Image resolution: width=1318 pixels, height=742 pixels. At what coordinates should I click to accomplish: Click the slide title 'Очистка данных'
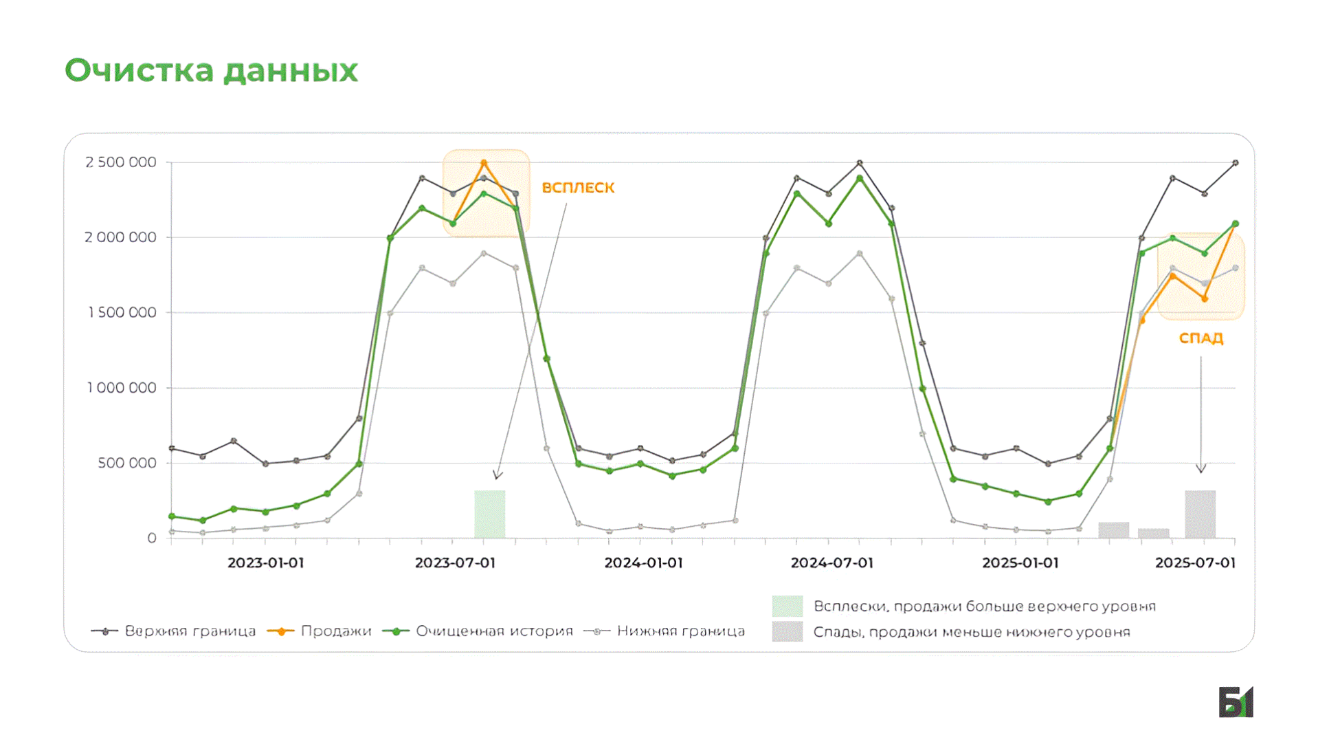pyautogui.click(x=211, y=71)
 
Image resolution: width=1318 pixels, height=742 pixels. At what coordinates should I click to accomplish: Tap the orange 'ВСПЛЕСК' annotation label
pyautogui.click(x=578, y=188)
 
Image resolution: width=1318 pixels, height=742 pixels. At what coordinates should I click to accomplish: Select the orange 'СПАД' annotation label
pyautogui.click(x=1200, y=338)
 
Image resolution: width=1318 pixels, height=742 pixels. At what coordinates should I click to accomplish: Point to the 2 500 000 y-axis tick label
pyautogui.click(x=121, y=162)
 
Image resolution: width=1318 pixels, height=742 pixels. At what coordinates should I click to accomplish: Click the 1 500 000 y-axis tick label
pyautogui.click(x=122, y=313)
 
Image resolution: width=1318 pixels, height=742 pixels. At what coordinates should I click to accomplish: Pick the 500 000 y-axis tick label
pyautogui.click(x=127, y=463)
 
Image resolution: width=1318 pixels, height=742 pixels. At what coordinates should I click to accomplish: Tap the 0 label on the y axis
pyautogui.click(x=152, y=538)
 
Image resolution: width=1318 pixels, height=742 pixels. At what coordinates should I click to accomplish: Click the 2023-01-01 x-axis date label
pyautogui.click(x=265, y=563)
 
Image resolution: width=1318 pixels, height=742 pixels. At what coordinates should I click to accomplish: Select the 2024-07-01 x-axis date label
pyautogui.click(x=831, y=563)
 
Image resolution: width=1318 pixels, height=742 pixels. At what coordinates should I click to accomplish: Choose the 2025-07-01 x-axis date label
pyautogui.click(x=1195, y=563)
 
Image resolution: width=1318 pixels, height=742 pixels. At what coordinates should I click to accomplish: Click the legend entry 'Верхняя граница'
pyautogui.click(x=190, y=631)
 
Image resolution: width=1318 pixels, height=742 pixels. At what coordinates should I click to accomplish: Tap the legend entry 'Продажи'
pyautogui.click(x=335, y=631)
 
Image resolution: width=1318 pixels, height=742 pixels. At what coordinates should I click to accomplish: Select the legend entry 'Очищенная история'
pyautogui.click(x=494, y=631)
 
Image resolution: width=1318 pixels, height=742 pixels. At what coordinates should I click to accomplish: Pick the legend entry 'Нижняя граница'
pyautogui.click(x=680, y=631)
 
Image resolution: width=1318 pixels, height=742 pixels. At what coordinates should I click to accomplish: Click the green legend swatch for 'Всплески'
pyautogui.click(x=787, y=606)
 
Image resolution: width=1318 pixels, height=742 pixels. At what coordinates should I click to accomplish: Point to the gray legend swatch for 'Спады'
pyautogui.click(x=787, y=631)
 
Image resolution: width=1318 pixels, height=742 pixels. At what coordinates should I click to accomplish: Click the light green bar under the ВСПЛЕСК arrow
pyautogui.click(x=489, y=514)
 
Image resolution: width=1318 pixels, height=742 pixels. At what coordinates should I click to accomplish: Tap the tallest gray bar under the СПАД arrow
pyautogui.click(x=1200, y=514)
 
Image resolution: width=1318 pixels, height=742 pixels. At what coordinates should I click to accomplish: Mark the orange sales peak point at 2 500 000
pyautogui.click(x=484, y=163)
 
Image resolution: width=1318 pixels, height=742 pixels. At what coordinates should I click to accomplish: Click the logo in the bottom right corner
pyautogui.click(x=1236, y=702)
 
